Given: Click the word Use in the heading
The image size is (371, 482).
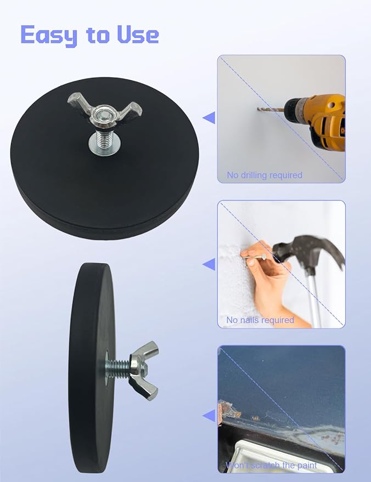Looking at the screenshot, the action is [138, 35].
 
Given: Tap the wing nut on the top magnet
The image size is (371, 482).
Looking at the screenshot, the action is [104, 109].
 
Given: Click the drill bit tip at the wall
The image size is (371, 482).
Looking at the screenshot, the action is [258, 108].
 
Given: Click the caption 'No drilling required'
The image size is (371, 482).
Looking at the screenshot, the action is [265, 175].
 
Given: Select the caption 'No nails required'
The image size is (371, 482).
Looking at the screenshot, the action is [260, 320].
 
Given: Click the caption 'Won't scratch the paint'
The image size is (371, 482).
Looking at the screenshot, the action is [271, 465].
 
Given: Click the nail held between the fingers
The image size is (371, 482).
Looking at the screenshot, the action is [254, 257].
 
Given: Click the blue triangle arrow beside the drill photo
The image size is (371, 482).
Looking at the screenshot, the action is [209, 118].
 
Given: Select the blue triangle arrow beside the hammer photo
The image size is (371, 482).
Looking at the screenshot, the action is [209, 264].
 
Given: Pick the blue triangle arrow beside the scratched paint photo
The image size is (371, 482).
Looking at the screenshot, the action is [209, 416].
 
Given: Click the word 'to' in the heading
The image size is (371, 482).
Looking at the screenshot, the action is [97, 35].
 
